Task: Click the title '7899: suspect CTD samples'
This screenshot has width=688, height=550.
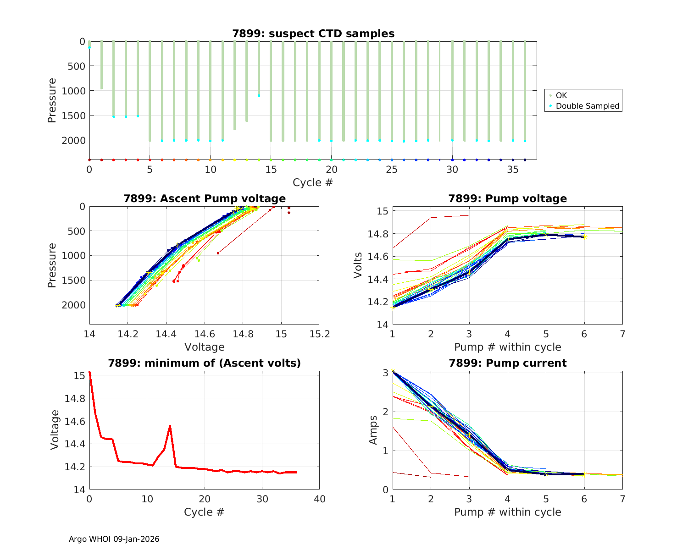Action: pyautogui.click(x=313, y=33)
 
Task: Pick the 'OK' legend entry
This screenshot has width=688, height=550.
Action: pyautogui.click(x=561, y=95)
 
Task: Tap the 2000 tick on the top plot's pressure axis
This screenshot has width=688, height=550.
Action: pyautogui.click(x=73, y=140)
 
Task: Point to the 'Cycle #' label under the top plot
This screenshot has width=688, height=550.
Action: pyautogui.click(x=313, y=182)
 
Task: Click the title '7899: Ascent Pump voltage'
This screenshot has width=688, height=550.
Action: pyautogui.click(x=205, y=198)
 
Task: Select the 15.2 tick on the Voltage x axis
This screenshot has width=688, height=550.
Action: pyautogui.click(x=319, y=334)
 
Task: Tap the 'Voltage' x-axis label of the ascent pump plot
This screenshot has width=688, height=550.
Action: pyautogui.click(x=205, y=347)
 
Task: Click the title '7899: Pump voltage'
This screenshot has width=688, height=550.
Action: pyautogui.click(x=507, y=198)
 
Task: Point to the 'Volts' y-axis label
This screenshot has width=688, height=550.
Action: pyautogui.click(x=358, y=265)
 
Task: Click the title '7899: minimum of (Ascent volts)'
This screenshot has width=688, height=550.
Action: pyautogui.click(x=205, y=363)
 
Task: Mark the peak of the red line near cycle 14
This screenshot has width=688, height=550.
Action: pyautogui.click(x=170, y=426)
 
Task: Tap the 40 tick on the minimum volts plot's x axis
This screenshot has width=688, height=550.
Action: pyautogui.click(x=319, y=499)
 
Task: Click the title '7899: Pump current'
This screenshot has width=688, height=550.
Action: pyautogui.click(x=507, y=363)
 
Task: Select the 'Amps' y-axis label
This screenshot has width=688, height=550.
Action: pyautogui.click(x=373, y=430)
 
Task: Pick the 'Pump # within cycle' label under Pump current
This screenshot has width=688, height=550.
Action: pyautogui.click(x=507, y=512)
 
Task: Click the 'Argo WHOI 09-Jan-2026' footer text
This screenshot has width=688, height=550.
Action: pyautogui.click(x=114, y=539)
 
